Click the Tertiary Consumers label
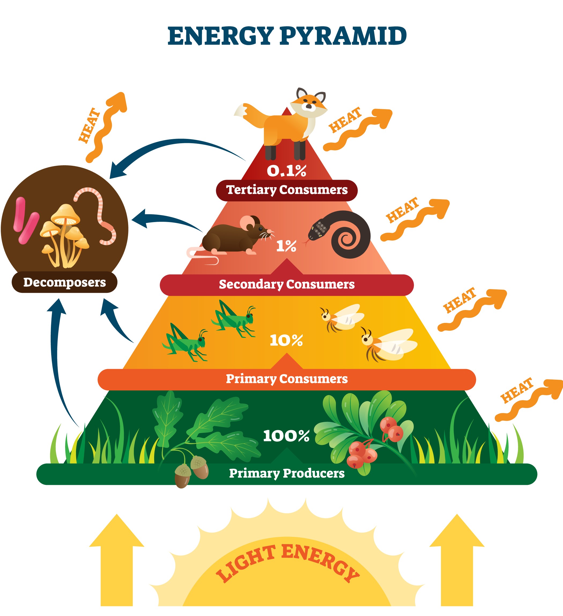point(287,190)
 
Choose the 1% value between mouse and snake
point(286,246)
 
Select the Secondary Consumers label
point(287,285)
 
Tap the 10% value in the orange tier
point(286,340)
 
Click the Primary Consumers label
point(287,379)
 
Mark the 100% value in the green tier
point(286,436)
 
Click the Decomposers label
point(64,282)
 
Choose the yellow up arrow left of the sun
point(116,559)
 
